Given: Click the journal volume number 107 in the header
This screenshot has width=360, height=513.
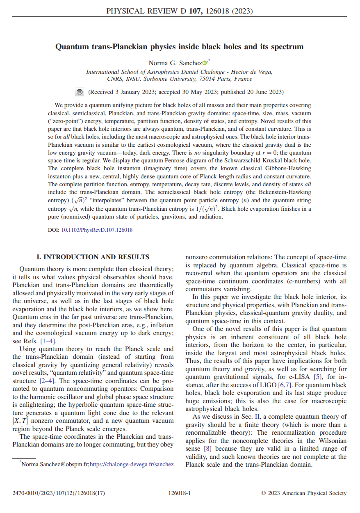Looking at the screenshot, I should [x=194, y=11].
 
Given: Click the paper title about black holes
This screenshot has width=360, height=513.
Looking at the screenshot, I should [x=180, y=47].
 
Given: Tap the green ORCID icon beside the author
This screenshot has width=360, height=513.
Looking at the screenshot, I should [x=205, y=63].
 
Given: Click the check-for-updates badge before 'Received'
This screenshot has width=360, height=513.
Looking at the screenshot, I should [x=80, y=92].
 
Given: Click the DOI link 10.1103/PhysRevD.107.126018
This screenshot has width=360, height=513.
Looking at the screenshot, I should [x=97, y=230].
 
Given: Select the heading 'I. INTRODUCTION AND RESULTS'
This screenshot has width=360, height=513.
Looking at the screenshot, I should [x=93, y=257].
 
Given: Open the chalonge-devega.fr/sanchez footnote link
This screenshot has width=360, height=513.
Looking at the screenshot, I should [x=131, y=464].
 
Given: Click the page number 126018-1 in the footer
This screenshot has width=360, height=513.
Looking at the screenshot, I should [x=180, y=493].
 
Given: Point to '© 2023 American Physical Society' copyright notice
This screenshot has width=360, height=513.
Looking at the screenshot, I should [x=304, y=493].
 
